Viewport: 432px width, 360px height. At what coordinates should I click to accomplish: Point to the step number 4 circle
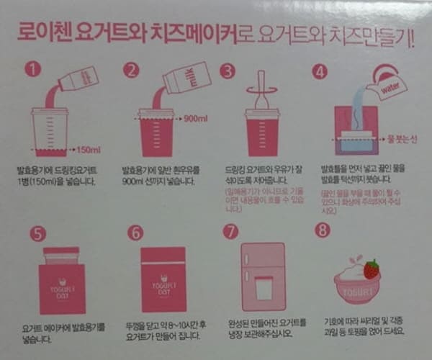(320, 71)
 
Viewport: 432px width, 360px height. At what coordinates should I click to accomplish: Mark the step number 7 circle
(230, 232)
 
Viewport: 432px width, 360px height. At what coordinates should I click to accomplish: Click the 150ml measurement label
(89, 149)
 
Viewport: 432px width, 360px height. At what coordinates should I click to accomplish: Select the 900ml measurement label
(196, 118)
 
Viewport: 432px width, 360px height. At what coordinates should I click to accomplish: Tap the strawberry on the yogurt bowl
(371, 269)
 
